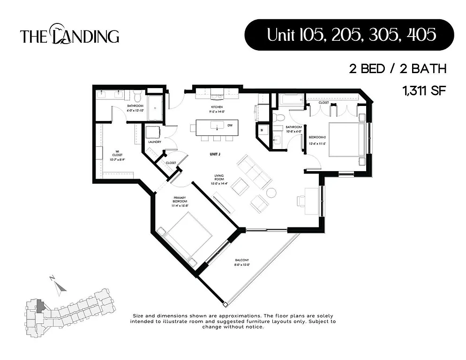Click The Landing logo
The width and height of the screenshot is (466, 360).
click(x=69, y=36)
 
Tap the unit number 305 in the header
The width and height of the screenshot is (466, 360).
click(x=383, y=35)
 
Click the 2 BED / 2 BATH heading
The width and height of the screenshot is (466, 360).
click(x=397, y=69)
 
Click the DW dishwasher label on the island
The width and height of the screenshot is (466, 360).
click(x=230, y=126)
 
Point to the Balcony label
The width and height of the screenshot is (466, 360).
click(x=242, y=262)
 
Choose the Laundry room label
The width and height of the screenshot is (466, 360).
click(x=155, y=142)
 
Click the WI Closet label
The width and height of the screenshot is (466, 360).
click(x=117, y=154)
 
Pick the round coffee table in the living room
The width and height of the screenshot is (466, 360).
click(x=271, y=193)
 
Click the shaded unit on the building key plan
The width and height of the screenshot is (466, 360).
click(x=41, y=307)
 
